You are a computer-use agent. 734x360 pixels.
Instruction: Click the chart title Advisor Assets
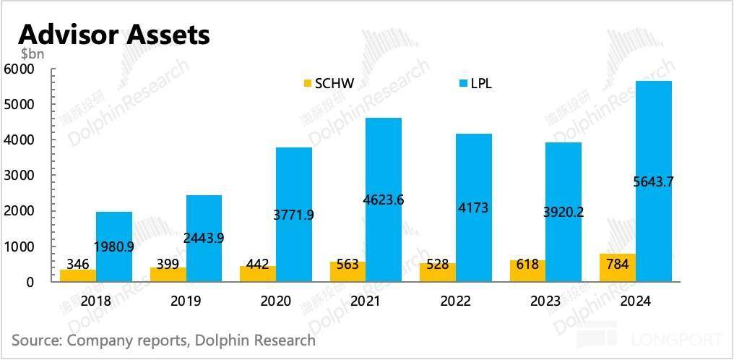tap(114, 34)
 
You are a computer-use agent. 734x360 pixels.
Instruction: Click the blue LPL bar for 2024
tap(654, 145)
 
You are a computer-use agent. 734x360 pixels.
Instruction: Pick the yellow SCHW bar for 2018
tap(78, 275)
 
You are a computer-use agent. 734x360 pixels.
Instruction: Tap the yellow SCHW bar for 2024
tap(618, 268)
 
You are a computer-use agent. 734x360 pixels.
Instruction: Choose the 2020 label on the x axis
tap(276, 301)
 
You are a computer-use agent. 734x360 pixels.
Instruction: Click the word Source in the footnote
tap(35, 340)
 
